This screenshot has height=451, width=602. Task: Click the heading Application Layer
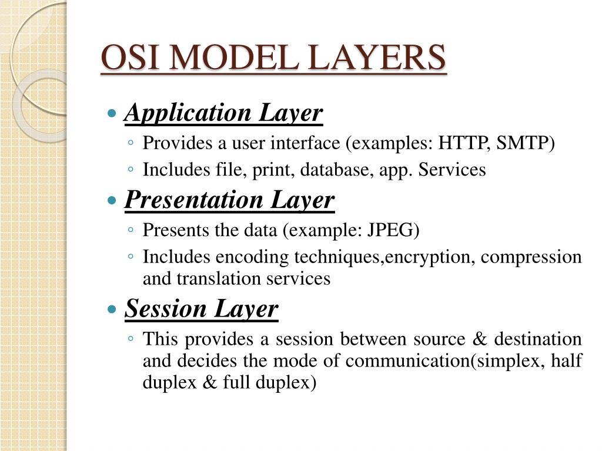click(223, 113)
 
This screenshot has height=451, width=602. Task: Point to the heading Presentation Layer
click(229, 200)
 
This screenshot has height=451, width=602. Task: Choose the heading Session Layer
click(201, 309)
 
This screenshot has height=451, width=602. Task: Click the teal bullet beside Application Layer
click(112, 113)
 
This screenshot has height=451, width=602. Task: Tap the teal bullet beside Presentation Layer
click(112, 200)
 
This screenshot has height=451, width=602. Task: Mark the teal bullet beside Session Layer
click(112, 309)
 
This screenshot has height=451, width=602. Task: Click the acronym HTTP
click(464, 143)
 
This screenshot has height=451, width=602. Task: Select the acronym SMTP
click(523, 143)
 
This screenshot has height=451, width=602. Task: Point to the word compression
click(531, 257)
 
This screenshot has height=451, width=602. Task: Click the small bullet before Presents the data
click(131, 230)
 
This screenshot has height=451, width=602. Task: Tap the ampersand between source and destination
click(480, 339)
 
